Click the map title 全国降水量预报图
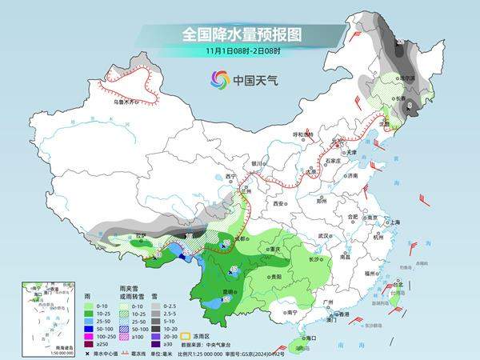(x=239, y=34)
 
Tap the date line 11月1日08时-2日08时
(x=239, y=52)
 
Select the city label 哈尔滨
(x=408, y=78)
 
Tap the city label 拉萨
(x=118, y=237)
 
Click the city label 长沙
(x=314, y=260)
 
